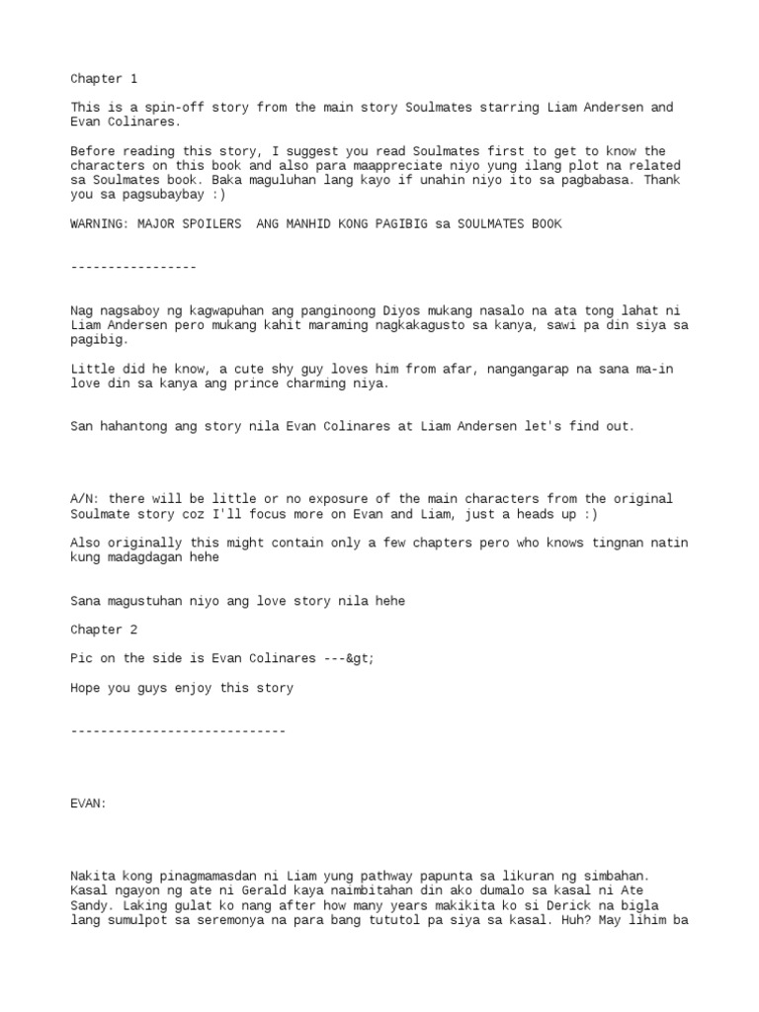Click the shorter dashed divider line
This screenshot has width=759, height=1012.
[133, 267]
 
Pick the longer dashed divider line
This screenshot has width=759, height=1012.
[178, 730]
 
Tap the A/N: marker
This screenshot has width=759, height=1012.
[85, 498]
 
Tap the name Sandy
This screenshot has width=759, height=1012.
[89, 905]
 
